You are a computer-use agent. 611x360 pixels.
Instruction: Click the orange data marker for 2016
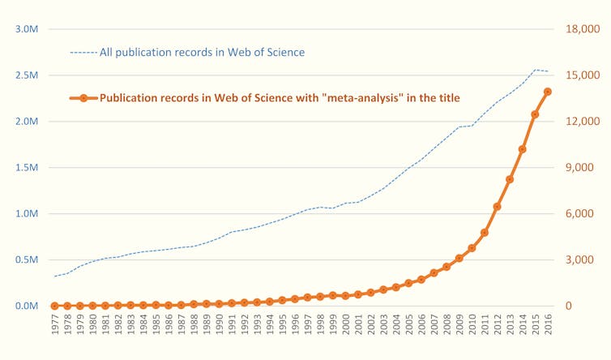[548, 92]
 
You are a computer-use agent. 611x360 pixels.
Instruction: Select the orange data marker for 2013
[510, 179]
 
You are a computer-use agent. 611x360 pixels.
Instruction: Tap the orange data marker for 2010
[472, 248]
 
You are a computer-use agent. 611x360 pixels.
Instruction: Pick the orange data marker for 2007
[434, 272]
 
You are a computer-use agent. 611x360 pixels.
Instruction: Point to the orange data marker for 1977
[54, 306]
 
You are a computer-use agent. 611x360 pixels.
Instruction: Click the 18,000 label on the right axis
[582, 29]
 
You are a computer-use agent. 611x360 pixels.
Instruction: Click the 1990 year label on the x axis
[219, 327]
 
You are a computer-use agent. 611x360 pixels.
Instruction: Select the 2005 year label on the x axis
[408, 327]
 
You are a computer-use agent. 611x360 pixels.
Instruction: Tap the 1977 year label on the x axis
[54, 327]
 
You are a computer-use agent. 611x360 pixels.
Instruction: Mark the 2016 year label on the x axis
[548, 327]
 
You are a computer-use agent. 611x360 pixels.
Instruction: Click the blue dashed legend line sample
[83, 53]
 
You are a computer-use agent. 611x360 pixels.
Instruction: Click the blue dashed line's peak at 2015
[535, 70]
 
